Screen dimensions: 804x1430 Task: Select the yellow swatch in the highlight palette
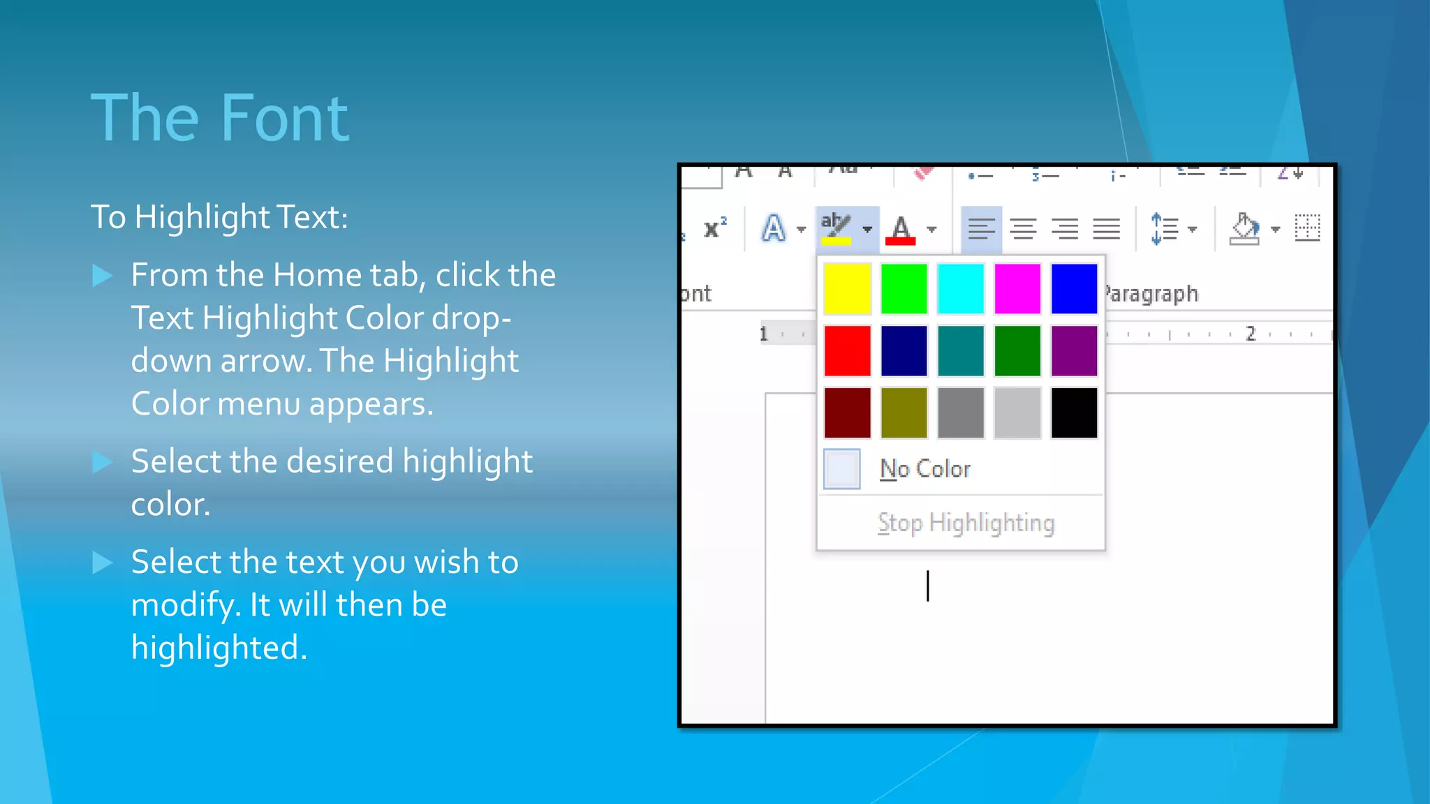847,288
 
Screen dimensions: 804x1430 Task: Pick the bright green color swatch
904,288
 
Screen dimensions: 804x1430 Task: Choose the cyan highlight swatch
961,288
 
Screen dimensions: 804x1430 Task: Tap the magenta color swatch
1017,288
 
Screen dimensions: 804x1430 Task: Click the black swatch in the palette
1074,413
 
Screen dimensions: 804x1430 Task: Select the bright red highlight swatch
847,350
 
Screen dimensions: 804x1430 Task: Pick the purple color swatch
1074,350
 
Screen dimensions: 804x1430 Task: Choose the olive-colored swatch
904,413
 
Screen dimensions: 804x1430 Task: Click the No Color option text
925,469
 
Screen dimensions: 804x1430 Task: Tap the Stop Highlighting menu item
966,523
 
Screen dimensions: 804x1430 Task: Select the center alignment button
1023,228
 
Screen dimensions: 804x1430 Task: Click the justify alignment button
1107,228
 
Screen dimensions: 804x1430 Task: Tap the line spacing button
1165,228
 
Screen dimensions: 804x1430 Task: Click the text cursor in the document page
928,586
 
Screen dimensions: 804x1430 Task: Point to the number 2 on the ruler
1251,334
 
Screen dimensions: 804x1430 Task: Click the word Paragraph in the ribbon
1152,294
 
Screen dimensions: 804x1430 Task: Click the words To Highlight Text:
219,217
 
